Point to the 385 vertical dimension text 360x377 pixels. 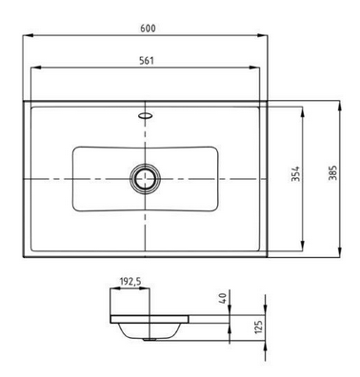coord(332,177)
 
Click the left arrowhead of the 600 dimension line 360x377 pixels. coord(27,36)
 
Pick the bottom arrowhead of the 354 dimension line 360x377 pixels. coord(303,245)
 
